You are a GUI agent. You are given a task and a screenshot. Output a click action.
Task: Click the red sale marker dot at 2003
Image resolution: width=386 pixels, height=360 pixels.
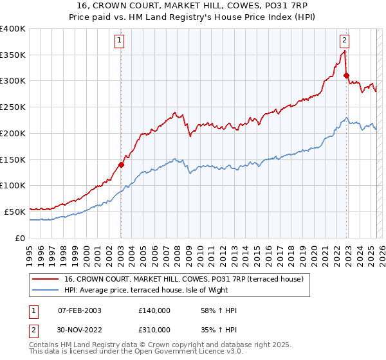(x=120, y=164)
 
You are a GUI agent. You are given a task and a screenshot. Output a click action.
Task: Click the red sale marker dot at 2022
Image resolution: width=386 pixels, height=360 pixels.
(x=346, y=75)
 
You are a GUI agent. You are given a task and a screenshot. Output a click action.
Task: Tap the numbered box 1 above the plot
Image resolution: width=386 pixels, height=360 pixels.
(x=120, y=40)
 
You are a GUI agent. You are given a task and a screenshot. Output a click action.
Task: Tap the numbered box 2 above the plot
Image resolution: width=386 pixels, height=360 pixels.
(x=345, y=40)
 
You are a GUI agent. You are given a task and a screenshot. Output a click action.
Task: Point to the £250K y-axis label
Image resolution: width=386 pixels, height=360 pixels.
(x=13, y=107)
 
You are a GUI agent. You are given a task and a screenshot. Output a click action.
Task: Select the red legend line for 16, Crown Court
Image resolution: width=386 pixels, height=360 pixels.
(x=45, y=279)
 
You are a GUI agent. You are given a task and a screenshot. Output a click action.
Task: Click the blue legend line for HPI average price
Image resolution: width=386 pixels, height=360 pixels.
(x=45, y=289)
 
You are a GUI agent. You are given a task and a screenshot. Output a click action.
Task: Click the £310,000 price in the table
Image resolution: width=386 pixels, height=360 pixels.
(x=154, y=330)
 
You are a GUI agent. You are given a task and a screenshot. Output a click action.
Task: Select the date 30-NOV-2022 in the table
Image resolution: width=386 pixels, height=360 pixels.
(x=80, y=330)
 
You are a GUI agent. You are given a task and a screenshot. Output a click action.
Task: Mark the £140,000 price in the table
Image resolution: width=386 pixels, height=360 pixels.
(x=154, y=311)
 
